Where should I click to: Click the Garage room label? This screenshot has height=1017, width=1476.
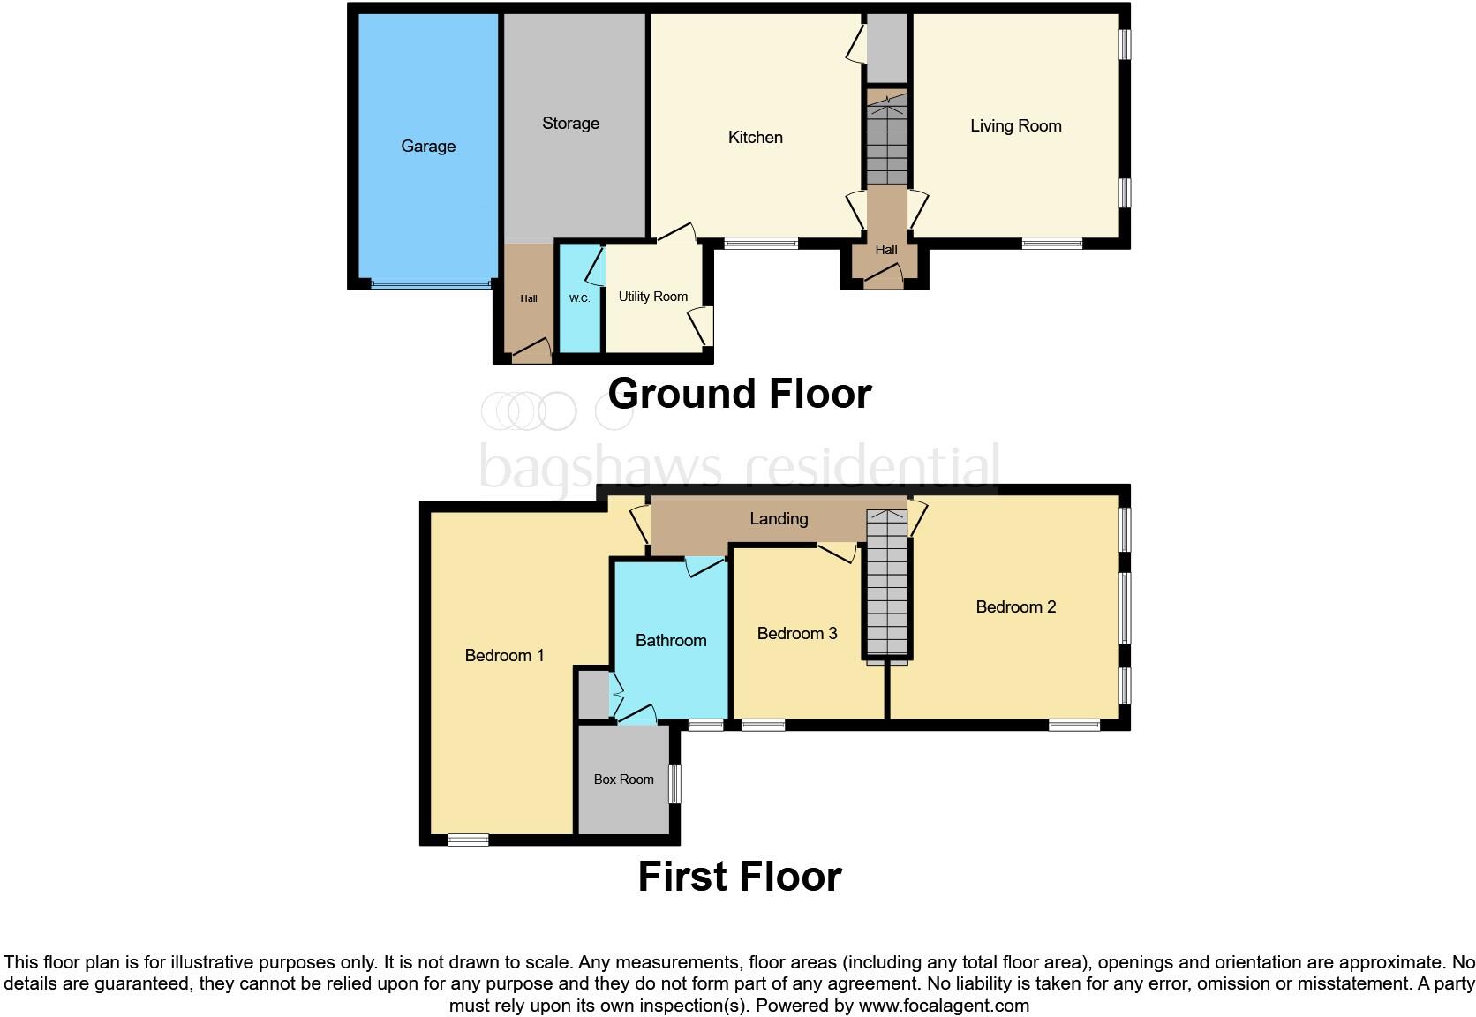pos(428,147)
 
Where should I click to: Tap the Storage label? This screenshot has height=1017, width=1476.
pos(570,124)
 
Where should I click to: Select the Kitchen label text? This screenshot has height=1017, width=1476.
pos(755,138)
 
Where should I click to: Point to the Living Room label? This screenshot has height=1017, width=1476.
pos(1015,126)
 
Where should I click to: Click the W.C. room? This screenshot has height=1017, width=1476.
pos(579,299)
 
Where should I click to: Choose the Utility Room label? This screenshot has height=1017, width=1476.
pos(652,297)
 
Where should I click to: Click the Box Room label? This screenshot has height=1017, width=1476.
pos(623,780)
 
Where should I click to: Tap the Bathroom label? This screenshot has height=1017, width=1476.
pos(671,641)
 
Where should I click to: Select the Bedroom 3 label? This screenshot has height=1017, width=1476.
pos(796,634)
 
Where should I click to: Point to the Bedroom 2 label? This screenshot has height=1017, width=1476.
pos(1015,607)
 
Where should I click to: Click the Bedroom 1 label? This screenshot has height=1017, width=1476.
pos(504,656)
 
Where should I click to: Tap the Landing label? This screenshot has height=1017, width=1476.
pos(779,519)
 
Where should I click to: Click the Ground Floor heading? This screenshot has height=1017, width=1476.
pos(739,394)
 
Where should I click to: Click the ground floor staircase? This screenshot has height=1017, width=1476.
pos(886,141)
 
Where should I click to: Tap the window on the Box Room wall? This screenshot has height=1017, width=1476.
pos(674,783)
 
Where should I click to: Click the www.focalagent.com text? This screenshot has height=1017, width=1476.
pos(943,1006)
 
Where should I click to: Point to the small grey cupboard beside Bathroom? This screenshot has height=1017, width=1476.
pos(592,695)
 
